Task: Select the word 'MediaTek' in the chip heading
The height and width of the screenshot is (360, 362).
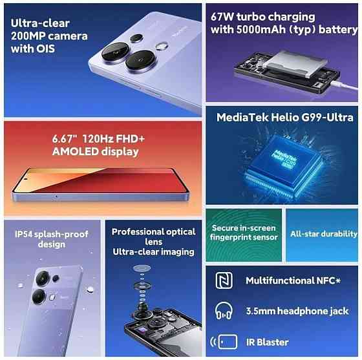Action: [x=240, y=118]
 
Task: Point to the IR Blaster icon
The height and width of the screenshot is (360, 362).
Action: [x=220, y=341]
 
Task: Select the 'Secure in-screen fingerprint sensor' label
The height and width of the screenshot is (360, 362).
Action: [x=243, y=233]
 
